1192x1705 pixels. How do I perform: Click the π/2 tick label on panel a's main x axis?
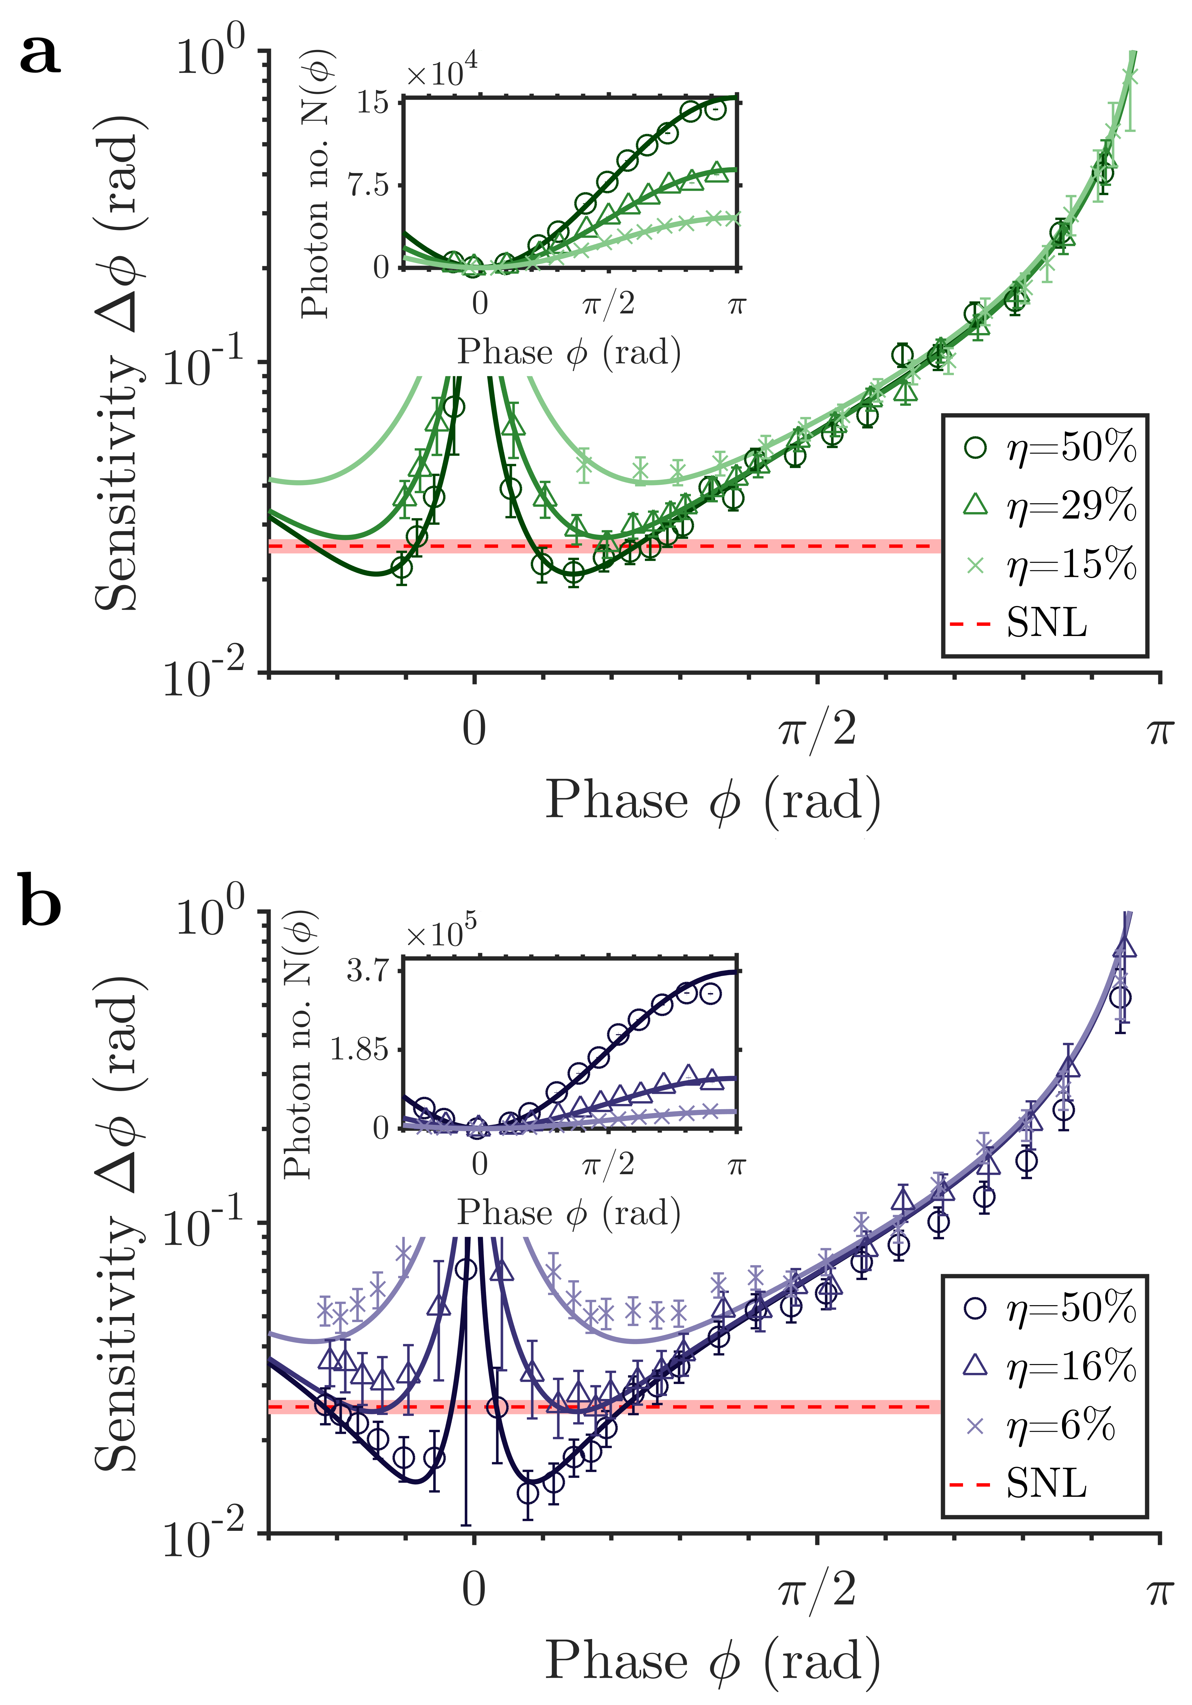tap(817, 730)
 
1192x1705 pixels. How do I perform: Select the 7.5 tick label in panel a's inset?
tap(369, 185)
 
